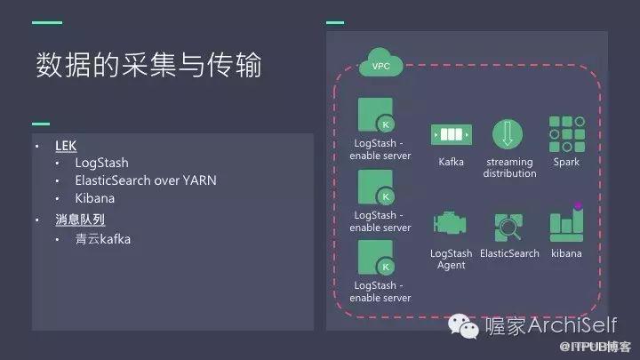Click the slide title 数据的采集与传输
pos(149,65)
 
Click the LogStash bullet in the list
pos(101,163)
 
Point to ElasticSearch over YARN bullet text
pos(146,180)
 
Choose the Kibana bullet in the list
pos(94,198)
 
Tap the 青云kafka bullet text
pos(103,239)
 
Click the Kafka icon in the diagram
pos(451,134)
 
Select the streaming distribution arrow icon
pos(508,134)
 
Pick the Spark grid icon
pos(565,133)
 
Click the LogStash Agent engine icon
pos(451,226)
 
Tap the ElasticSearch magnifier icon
pos(508,228)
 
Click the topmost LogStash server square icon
pos(376,116)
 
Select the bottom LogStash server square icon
pos(376,259)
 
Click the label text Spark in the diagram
pos(566,162)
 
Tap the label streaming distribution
pos(509,168)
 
